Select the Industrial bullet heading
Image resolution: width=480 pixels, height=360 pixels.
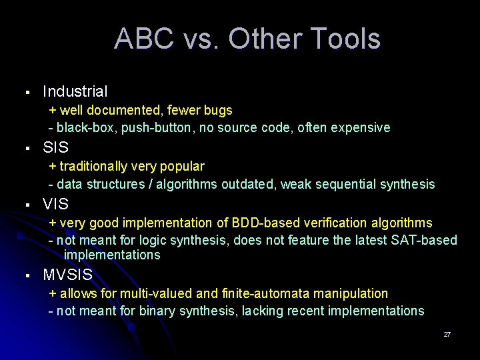75,91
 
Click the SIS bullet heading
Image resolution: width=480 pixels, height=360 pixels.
55,147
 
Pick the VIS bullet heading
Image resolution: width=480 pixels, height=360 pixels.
55,204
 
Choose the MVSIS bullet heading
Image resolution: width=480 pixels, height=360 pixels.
67,275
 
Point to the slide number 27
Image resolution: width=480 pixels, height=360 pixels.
447,334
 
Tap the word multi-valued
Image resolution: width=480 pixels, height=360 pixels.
140,293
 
